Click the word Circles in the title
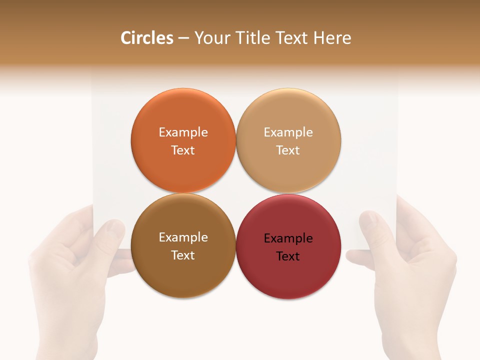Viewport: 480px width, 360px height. (147, 38)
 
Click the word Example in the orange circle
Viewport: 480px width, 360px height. (183, 132)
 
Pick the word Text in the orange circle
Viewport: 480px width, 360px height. (183, 150)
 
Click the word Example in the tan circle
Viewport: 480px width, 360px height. (288, 132)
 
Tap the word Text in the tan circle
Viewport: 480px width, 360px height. (288, 150)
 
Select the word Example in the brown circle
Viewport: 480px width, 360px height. (183, 237)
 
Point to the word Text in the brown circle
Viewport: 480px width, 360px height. (183, 255)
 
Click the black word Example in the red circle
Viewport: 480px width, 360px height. (288, 238)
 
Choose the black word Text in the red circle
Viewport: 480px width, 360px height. (288, 256)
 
